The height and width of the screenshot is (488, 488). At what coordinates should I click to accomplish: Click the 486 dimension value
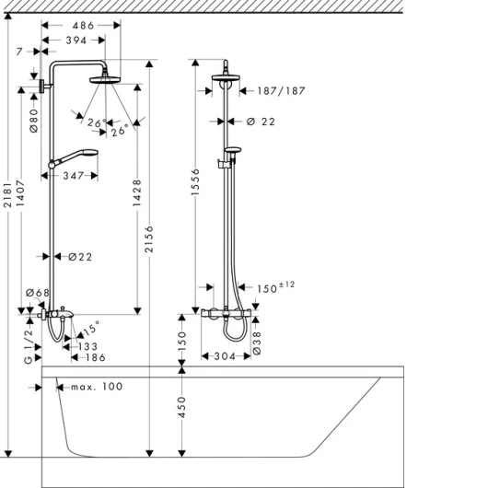point(83,26)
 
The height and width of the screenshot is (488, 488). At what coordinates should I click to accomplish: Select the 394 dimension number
point(76,41)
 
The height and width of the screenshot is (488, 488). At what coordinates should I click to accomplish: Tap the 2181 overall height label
point(7,194)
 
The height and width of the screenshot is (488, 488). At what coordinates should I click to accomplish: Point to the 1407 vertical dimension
point(20,193)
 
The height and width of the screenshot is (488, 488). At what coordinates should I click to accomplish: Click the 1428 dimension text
point(137,192)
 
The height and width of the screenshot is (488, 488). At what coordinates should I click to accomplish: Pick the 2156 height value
point(150,239)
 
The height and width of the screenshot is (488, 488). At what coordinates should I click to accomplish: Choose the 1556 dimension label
point(195,182)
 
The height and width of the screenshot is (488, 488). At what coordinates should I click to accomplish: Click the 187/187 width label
point(282,91)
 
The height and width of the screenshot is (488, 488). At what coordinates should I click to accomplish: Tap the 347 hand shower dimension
point(74,176)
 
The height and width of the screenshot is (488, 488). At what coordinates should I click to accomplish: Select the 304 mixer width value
point(225,356)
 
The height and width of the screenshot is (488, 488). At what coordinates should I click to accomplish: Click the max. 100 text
point(97,387)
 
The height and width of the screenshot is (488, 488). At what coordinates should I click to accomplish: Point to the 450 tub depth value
point(181,407)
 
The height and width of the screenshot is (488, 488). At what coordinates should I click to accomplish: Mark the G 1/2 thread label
point(29,347)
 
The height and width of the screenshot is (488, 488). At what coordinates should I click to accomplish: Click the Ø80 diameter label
point(34,121)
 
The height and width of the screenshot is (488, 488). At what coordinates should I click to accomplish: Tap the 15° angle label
point(91,329)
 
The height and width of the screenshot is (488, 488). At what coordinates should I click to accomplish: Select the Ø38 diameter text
point(257,343)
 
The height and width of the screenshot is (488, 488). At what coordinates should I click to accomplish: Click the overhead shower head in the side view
point(105,80)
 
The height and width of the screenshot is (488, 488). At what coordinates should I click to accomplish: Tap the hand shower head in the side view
point(90,153)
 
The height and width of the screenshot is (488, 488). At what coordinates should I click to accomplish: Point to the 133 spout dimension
point(87,346)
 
